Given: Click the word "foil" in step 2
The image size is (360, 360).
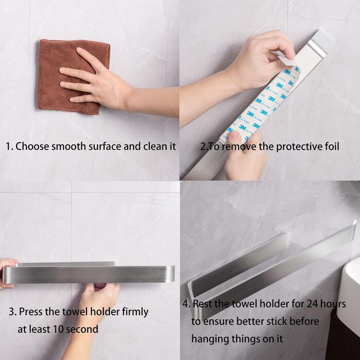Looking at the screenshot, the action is tap(332, 147).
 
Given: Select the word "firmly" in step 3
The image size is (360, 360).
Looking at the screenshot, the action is tap(135, 312).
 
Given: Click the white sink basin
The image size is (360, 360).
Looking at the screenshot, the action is tap(349, 296).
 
